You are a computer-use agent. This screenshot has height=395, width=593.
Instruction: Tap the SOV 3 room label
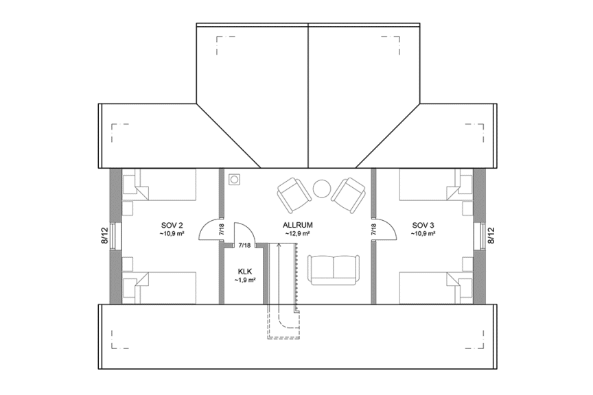(x=423, y=225)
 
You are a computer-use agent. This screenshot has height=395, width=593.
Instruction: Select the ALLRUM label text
(x=296, y=225)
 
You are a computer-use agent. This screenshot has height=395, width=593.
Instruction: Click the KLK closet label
(x=245, y=271)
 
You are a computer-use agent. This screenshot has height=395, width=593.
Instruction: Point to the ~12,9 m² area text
(x=297, y=234)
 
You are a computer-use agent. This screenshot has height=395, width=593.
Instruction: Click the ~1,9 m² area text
(x=245, y=280)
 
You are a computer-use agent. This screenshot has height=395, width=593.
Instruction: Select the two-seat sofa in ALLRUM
(x=334, y=269)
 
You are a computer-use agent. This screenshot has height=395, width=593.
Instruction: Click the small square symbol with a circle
(x=235, y=180)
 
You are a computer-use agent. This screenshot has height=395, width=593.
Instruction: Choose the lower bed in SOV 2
(x=159, y=287)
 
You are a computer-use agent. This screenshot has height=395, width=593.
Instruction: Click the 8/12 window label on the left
(x=105, y=235)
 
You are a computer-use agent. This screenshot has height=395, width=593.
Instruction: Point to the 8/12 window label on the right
(x=491, y=235)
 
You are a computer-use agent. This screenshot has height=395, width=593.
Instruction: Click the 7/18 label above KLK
(x=244, y=245)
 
